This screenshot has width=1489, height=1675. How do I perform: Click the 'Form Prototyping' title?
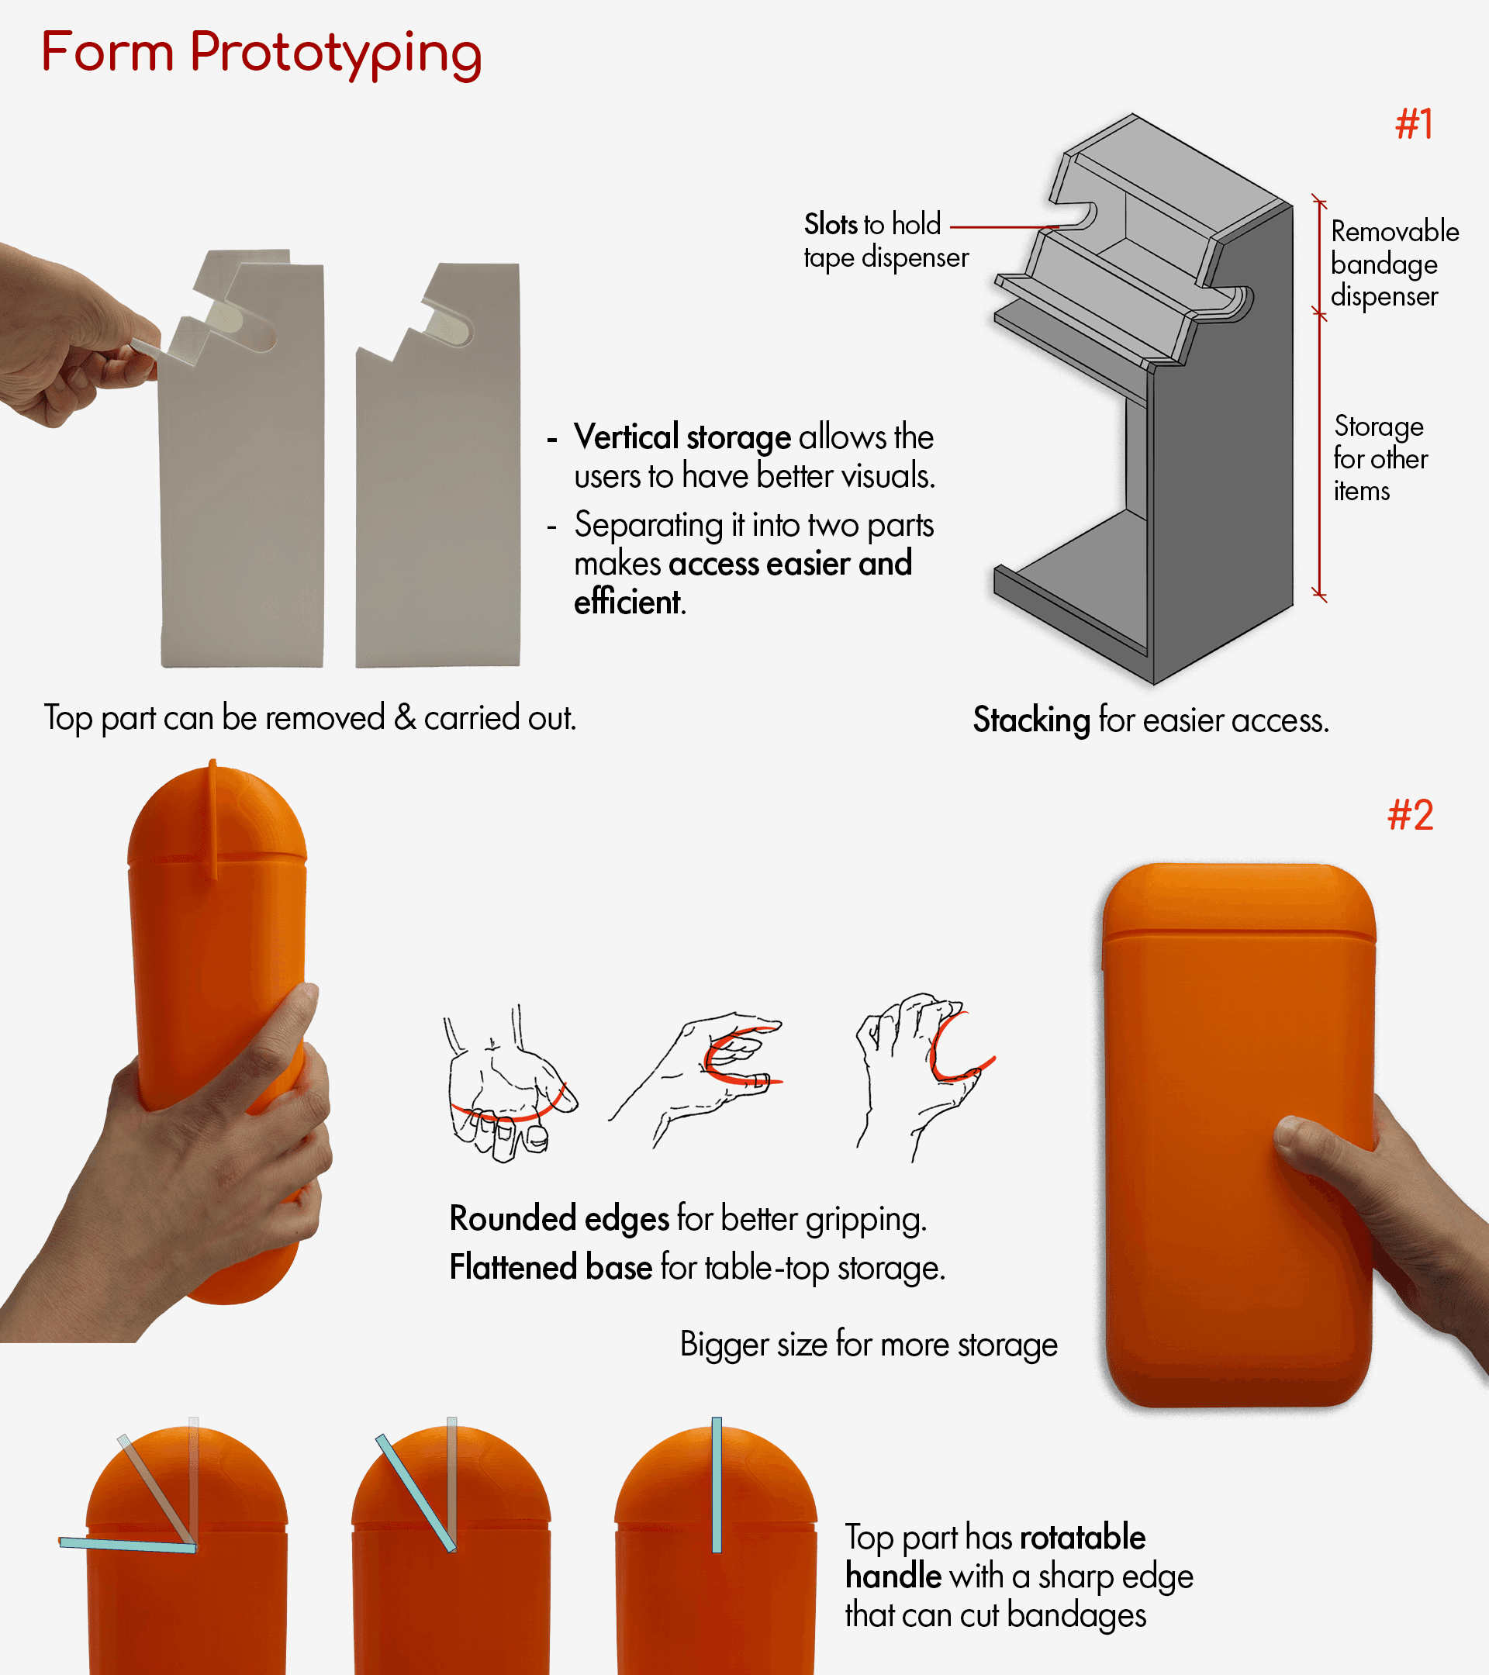point(261,54)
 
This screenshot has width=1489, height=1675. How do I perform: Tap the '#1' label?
point(1415,125)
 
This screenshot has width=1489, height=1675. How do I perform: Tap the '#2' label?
point(1411,815)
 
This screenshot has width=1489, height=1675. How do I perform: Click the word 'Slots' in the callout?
point(831,223)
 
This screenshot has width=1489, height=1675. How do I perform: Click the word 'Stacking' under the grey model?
point(1031,720)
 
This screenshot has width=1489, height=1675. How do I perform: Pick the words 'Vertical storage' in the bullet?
point(682,437)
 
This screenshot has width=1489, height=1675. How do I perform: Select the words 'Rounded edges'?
point(560,1218)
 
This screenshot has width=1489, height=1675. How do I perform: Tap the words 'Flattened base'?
point(551,1267)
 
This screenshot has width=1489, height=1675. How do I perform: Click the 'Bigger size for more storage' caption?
point(869,1345)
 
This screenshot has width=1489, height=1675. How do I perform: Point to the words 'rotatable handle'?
point(996,1556)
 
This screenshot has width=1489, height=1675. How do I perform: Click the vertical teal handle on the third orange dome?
point(717,1485)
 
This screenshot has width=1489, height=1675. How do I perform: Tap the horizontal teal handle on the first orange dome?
point(128,1545)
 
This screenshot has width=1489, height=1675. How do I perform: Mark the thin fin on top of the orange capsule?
point(214,820)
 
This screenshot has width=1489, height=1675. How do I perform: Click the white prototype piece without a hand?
point(438,465)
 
